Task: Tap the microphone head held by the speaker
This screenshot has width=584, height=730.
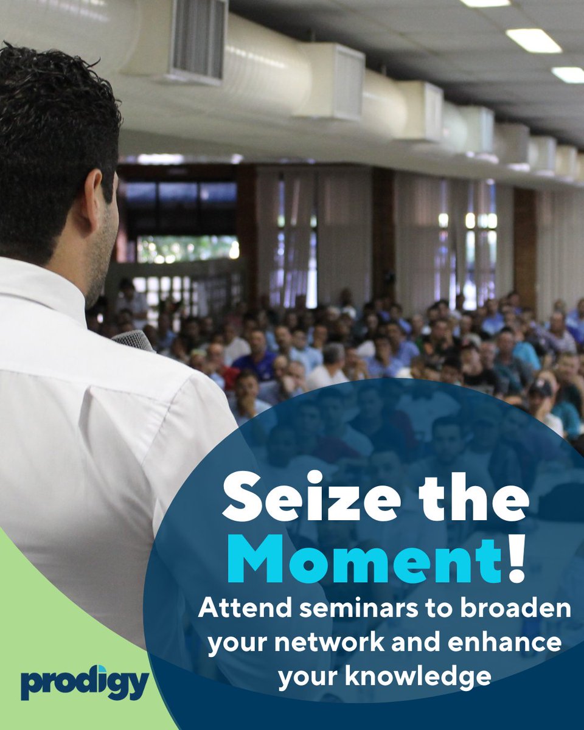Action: pos(133,340)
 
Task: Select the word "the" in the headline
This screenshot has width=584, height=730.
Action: pos(473,496)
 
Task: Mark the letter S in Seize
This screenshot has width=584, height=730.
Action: pos(242,496)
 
